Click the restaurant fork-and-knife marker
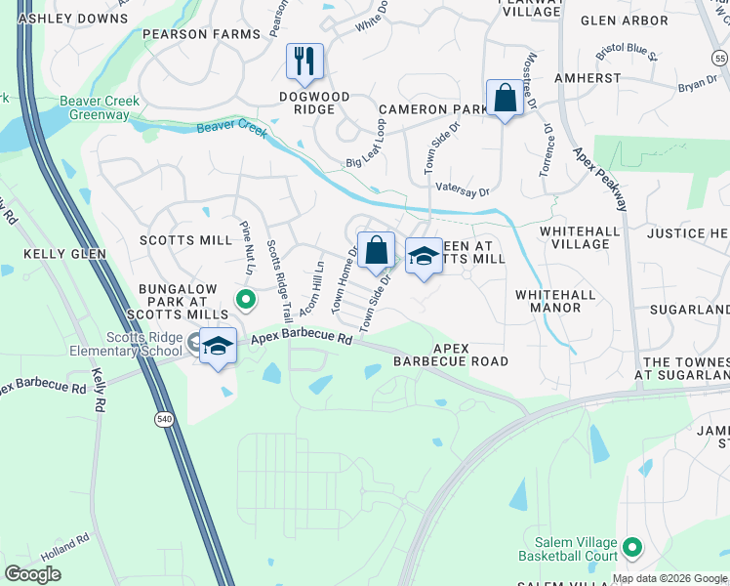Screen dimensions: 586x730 click(304, 62)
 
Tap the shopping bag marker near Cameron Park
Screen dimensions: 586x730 click(505, 98)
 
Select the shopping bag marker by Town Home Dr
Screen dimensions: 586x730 click(376, 250)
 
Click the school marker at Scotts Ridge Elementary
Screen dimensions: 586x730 click(219, 346)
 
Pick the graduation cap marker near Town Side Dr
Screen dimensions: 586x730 click(423, 256)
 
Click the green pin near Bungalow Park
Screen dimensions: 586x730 click(246, 300)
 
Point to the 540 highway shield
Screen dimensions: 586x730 click(157, 419)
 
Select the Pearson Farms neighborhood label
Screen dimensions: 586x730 click(202, 34)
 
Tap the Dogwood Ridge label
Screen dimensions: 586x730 click(319, 97)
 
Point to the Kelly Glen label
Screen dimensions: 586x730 click(37, 254)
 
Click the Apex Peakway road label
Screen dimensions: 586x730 click(592, 177)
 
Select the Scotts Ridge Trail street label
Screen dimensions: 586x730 click(278, 282)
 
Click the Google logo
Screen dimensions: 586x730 click(33, 573)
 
